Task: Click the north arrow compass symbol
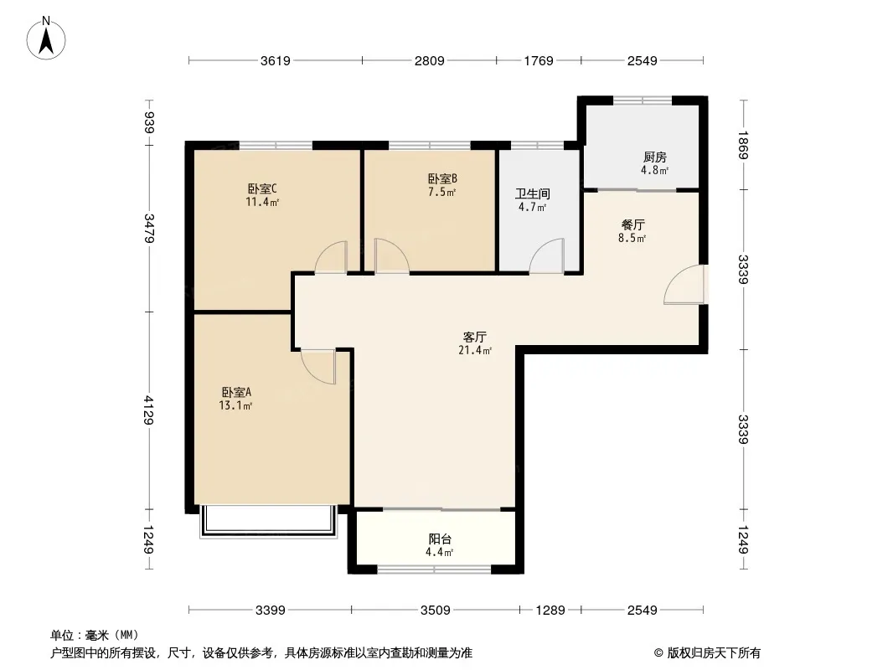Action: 46,39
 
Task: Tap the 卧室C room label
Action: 262,188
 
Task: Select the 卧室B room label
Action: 442,178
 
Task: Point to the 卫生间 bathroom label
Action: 533,194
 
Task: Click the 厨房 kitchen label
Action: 655,157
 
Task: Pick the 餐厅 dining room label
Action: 632,224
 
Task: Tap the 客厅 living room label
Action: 474,337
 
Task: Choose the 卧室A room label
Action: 236,392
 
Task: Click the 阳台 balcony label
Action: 440,539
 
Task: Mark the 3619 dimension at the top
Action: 276,61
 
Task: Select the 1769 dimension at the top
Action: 539,61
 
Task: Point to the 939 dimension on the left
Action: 150,123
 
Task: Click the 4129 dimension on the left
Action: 149,410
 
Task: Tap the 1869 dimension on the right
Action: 743,145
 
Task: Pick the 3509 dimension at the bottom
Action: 436,611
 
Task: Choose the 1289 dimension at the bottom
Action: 550,611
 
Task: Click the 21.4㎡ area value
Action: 475,351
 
